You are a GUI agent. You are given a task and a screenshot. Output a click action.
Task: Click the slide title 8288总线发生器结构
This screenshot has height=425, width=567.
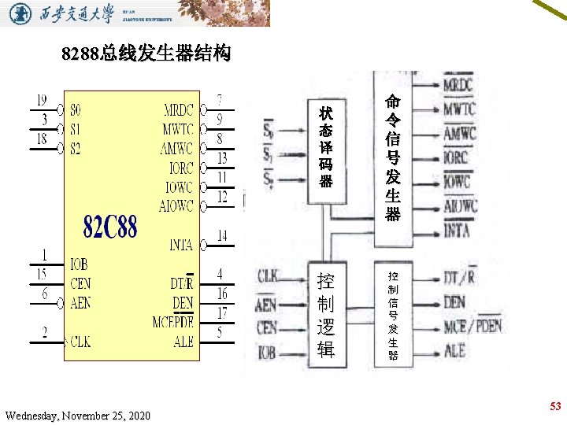(146, 54)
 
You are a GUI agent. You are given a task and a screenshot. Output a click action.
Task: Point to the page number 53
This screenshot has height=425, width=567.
(555, 406)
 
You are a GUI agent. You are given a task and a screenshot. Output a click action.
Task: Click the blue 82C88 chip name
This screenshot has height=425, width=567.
(110, 228)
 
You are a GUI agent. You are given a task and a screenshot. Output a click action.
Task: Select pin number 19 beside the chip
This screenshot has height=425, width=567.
(41, 101)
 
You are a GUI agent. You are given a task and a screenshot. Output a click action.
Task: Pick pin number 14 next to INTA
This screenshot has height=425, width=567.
(222, 235)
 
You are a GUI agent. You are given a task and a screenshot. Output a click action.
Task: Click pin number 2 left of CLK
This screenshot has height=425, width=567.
(45, 332)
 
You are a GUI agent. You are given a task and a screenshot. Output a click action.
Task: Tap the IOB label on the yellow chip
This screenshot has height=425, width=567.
(79, 264)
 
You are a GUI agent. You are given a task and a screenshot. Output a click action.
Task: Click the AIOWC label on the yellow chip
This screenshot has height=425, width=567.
(176, 206)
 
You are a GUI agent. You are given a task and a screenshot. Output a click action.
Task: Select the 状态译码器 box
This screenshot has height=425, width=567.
(325, 147)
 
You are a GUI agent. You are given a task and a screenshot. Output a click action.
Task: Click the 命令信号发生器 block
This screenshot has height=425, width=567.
(393, 157)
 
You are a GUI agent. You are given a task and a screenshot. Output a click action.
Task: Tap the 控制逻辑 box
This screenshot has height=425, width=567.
(325, 316)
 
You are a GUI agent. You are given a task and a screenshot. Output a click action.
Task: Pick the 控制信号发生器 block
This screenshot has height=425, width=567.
(393, 316)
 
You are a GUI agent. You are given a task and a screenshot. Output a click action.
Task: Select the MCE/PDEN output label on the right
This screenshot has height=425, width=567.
(472, 326)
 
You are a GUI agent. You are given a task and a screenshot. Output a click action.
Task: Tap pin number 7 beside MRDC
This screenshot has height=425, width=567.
(222, 100)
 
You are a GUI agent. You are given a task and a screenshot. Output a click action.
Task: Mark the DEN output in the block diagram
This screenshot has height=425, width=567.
(454, 301)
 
